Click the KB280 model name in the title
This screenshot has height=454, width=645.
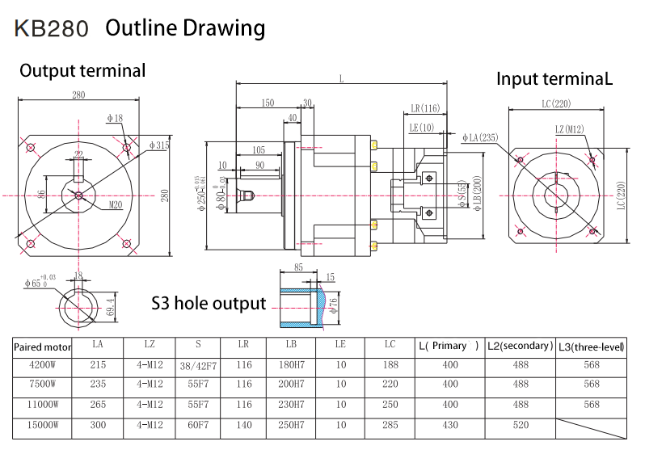[51, 28]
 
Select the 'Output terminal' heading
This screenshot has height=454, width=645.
[82, 71]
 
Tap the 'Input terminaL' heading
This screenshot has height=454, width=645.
[554, 78]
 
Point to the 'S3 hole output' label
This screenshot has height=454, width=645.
[209, 303]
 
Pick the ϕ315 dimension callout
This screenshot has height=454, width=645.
[159, 145]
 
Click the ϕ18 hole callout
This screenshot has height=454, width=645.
[115, 119]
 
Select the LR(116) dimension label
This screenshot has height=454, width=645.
[424, 108]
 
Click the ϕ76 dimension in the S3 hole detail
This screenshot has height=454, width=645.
[333, 304]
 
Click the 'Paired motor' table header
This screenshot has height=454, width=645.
[43, 347]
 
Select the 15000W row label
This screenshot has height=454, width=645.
[42, 424]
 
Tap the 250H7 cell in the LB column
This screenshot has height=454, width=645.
[290, 424]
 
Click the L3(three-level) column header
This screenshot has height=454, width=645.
[591, 347]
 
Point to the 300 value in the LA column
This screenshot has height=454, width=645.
[99, 424]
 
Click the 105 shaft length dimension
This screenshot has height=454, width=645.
[258, 150]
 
